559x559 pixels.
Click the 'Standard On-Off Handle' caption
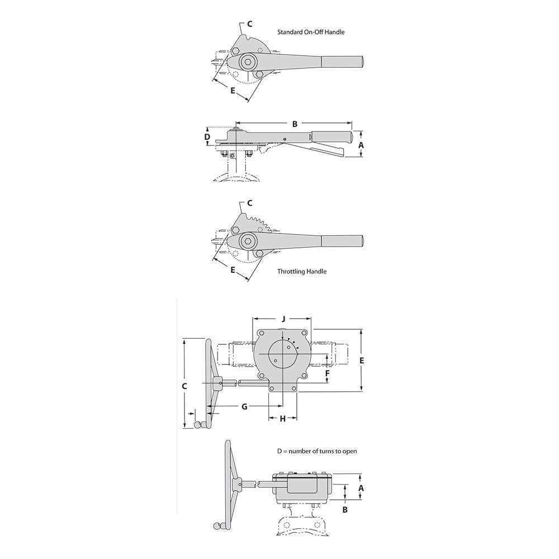311,32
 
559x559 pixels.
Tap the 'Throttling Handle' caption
302,271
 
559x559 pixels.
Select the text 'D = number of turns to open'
317,451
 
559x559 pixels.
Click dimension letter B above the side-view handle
295,124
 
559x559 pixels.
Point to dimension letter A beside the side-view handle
361,145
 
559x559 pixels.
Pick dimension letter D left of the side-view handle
207,137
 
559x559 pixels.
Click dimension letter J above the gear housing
283,319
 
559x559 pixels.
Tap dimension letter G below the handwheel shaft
245,406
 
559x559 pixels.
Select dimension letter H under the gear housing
283,419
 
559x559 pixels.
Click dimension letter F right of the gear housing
327,373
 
